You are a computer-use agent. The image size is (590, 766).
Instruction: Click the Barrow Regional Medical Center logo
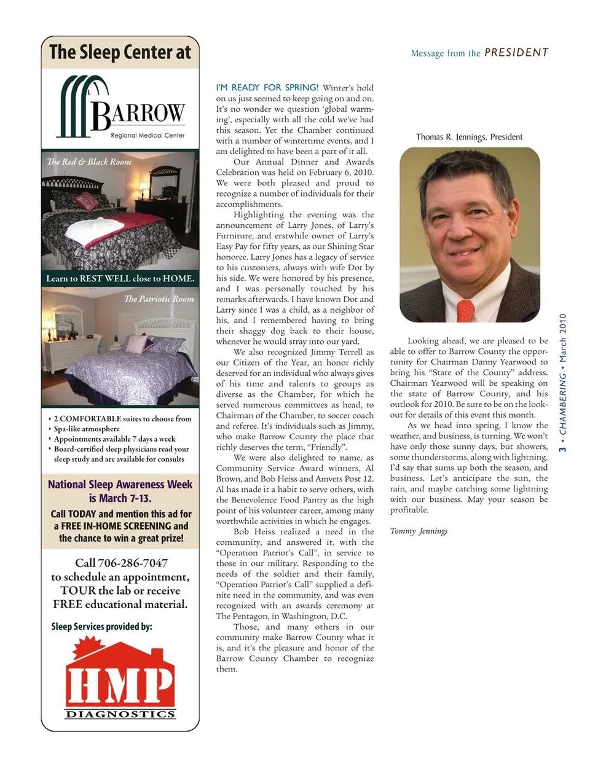[x=121, y=107]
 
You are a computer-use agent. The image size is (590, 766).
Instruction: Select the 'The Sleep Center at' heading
[x=120, y=53]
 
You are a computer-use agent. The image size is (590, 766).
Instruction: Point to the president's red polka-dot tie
[x=465, y=310]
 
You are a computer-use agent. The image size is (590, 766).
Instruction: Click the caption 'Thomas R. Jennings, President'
[x=469, y=137]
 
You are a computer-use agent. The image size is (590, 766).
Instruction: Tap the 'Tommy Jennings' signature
[x=419, y=531]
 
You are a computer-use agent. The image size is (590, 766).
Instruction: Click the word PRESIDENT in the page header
[x=516, y=53]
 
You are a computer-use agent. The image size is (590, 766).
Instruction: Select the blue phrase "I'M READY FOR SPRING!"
[x=267, y=88]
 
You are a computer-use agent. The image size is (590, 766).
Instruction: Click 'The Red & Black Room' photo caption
[x=89, y=162]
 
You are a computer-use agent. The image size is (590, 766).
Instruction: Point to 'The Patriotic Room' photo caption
[x=159, y=299]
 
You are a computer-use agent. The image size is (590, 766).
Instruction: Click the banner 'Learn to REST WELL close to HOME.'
[x=120, y=278]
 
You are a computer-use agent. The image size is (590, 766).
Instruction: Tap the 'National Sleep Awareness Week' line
[x=120, y=484]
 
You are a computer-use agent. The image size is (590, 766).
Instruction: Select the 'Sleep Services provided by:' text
[x=102, y=627]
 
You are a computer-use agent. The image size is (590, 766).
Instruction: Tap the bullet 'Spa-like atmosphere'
[x=87, y=429]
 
